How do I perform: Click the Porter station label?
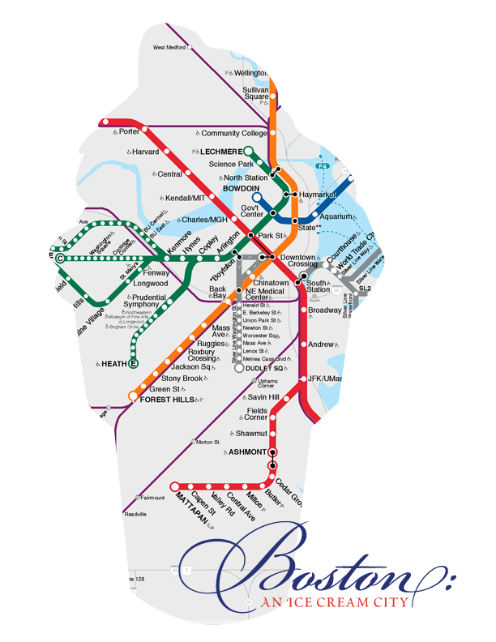click(x=130, y=131)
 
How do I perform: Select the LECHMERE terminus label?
click(x=221, y=152)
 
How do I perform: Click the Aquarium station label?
click(x=336, y=217)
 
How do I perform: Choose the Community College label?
click(x=233, y=134)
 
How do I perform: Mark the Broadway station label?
click(x=325, y=310)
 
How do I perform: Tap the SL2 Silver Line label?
click(x=365, y=288)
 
